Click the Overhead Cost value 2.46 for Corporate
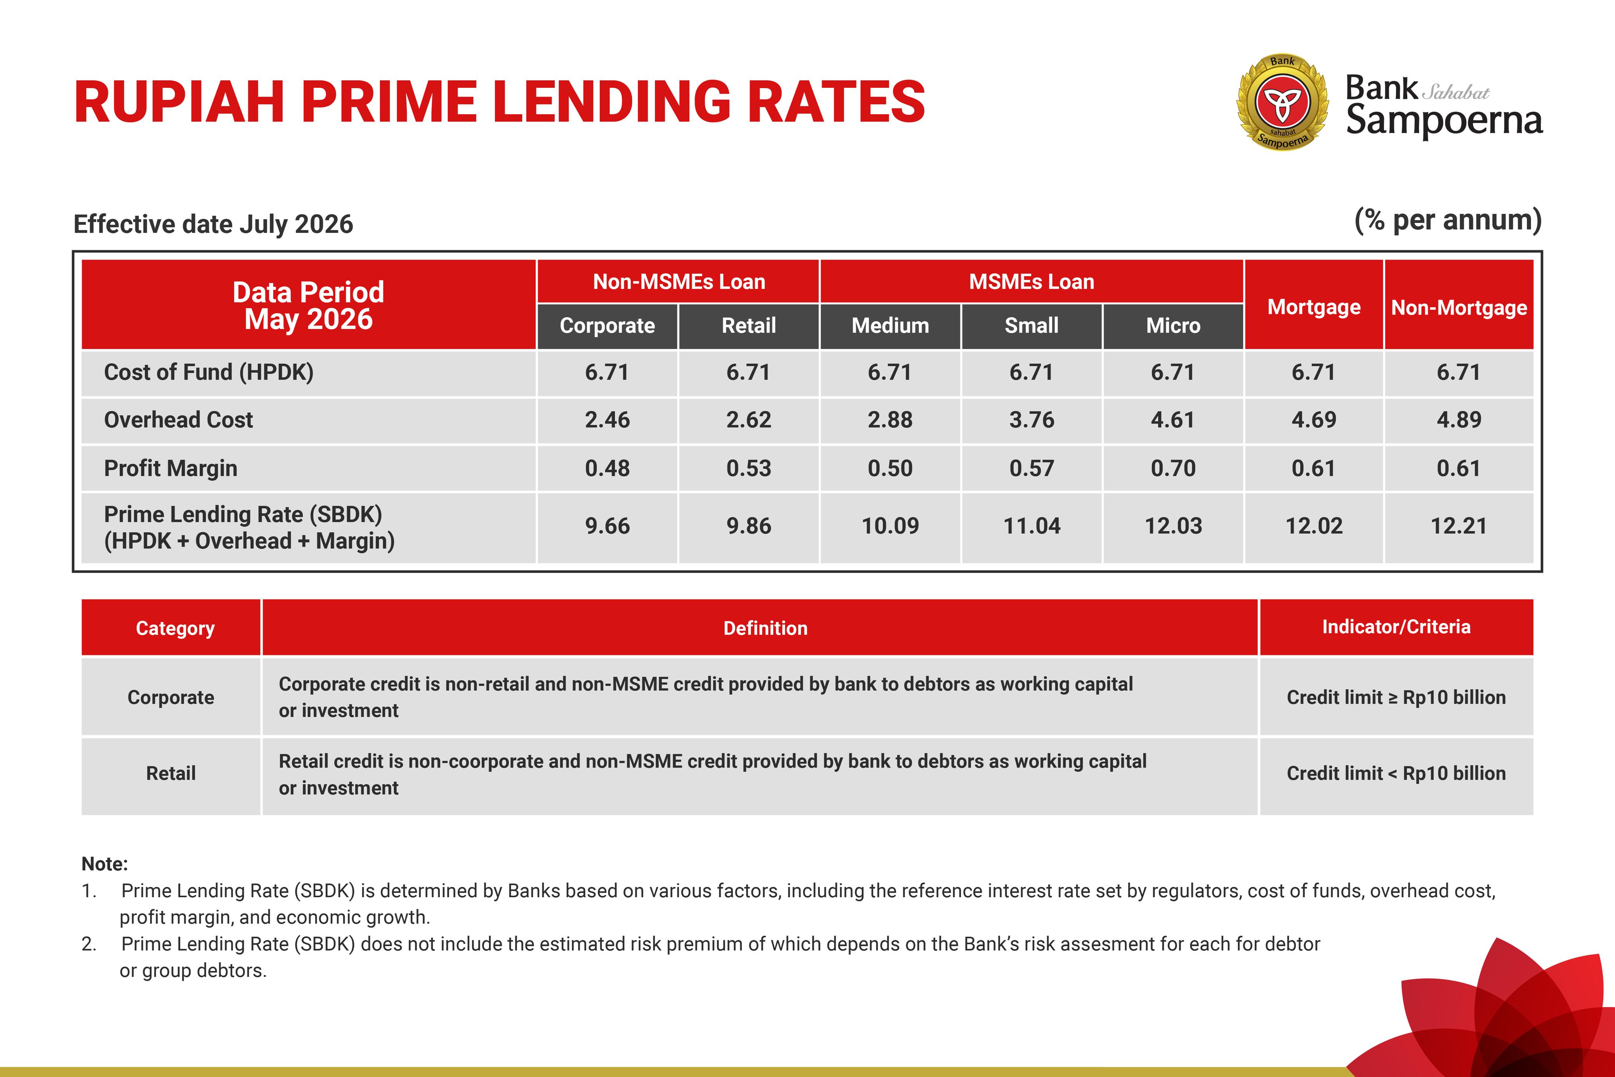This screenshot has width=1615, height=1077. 607,420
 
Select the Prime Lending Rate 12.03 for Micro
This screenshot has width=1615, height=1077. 1173,526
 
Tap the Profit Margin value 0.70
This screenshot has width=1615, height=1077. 1173,469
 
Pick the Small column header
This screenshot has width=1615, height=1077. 1032,326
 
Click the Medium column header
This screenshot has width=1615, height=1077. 890,326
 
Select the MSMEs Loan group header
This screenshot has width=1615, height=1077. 1032,281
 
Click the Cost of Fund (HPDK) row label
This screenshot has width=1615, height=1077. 209,372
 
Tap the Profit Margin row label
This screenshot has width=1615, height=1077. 170,469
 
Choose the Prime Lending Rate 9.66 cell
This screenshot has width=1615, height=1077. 607,526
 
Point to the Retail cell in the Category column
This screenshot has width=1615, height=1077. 171,773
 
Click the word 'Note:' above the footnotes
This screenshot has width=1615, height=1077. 104,864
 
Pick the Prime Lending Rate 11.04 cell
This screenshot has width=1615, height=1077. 1032,526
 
